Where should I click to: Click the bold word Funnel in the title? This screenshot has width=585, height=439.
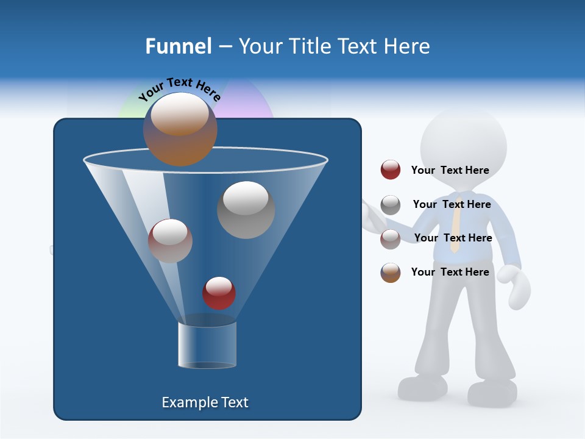179,46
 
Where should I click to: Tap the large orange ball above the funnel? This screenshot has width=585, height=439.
180,129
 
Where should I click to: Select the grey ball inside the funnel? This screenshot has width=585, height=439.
246,210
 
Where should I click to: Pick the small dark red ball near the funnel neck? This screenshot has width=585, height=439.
219,293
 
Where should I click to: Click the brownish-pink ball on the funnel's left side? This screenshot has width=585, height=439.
170,241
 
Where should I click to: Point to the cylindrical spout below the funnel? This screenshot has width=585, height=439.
207,345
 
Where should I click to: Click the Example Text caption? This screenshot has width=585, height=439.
205,402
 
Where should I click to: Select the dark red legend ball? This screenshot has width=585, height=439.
391,170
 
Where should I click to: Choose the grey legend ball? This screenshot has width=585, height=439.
391,205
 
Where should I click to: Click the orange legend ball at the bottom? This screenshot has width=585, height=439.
391,273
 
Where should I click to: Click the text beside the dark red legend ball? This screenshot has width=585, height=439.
450,170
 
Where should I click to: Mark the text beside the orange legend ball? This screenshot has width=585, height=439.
450,272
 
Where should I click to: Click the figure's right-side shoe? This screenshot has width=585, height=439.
492,393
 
